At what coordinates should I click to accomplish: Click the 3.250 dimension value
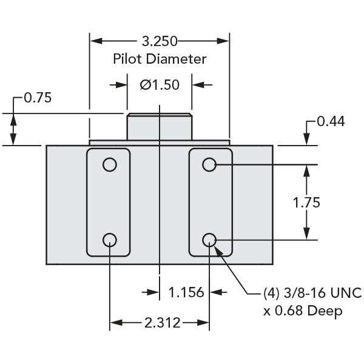click(x=159, y=42)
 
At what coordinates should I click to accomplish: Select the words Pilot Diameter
click(x=160, y=59)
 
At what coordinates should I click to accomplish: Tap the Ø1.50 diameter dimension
click(x=160, y=85)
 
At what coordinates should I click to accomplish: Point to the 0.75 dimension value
click(x=38, y=98)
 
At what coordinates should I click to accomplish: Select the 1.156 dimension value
click(x=185, y=293)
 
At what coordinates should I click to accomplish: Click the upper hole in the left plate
click(x=109, y=165)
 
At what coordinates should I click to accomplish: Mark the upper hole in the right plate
click(x=209, y=164)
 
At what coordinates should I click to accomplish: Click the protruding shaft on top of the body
click(x=159, y=127)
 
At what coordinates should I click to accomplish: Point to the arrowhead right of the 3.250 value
click(x=224, y=42)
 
